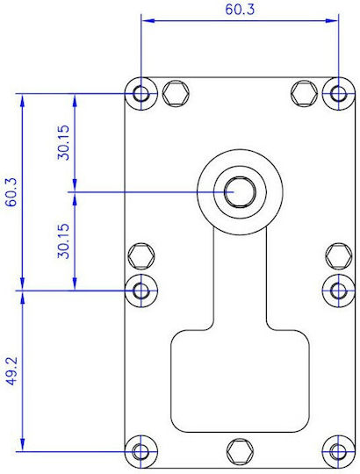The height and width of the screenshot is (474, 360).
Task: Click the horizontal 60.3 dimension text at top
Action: click(x=240, y=10)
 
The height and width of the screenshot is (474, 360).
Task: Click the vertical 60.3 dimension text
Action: click(x=12, y=192)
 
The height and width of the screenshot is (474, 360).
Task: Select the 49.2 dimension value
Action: click(x=12, y=371)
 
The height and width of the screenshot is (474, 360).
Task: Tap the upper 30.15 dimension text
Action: click(x=64, y=142)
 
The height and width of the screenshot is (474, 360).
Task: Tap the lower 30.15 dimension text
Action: click(x=64, y=241)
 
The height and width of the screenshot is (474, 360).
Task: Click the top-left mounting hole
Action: click(x=141, y=93)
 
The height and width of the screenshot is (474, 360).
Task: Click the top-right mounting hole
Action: click(x=339, y=93)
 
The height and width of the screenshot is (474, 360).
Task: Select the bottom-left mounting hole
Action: click(x=141, y=452)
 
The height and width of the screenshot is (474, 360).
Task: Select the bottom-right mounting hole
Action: click(x=339, y=452)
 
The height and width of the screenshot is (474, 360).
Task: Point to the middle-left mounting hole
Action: click(x=141, y=291)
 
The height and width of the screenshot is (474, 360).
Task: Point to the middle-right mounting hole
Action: click(x=339, y=291)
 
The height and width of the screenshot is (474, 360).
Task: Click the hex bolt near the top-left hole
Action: click(x=176, y=93)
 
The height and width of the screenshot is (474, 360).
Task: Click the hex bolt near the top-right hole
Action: click(x=304, y=93)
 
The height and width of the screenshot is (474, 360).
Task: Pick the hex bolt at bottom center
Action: click(x=240, y=452)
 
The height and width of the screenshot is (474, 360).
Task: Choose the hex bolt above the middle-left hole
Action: click(x=141, y=256)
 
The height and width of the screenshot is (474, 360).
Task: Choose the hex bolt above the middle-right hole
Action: click(x=339, y=256)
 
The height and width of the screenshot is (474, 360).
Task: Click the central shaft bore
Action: click(x=240, y=192)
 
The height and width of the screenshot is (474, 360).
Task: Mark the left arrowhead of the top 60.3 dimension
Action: click(x=148, y=20)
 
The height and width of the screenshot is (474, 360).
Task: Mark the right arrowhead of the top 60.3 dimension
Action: click(x=332, y=20)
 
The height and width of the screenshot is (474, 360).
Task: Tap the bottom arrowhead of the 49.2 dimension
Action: click(x=22, y=445)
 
